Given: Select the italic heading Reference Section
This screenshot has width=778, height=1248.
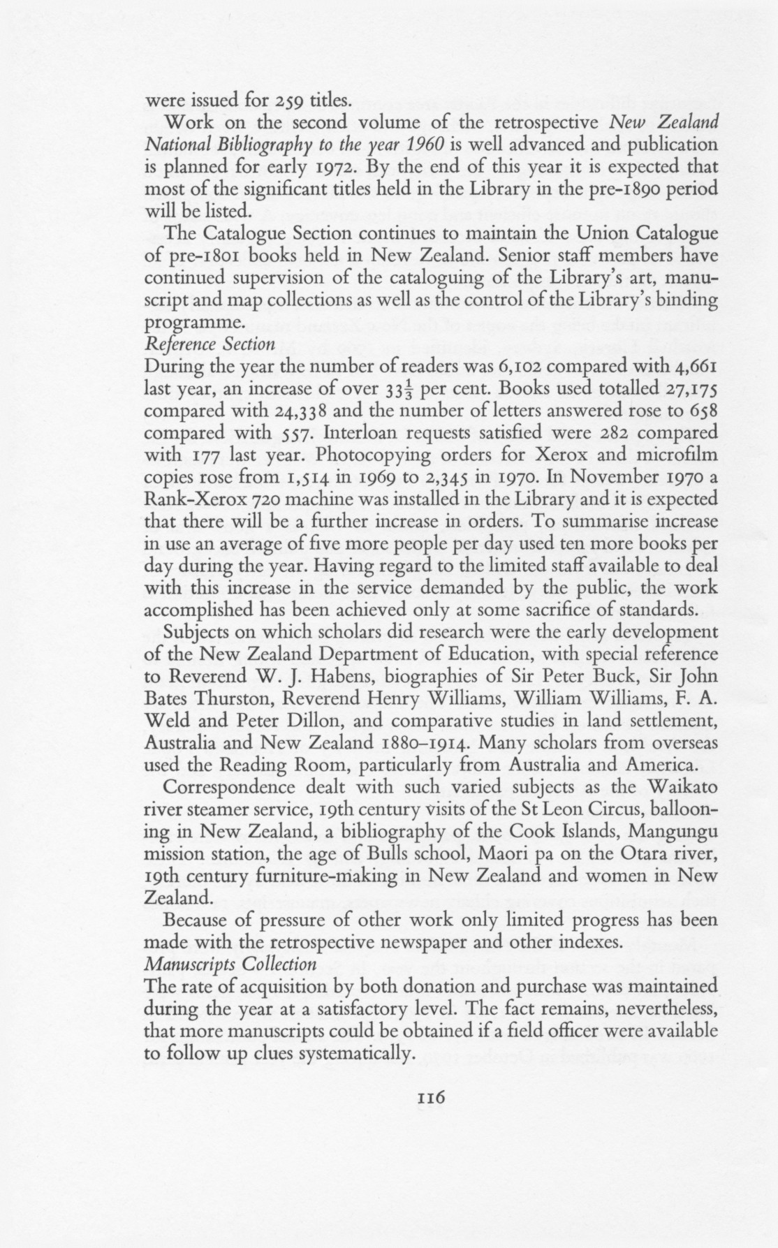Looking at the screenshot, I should click(x=209, y=344).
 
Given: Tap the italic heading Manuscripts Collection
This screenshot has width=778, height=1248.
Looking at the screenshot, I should click(x=230, y=964).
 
